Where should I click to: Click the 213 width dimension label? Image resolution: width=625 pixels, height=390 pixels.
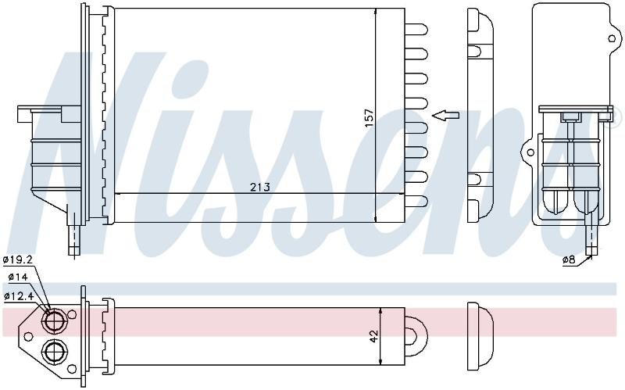click(x=260, y=187)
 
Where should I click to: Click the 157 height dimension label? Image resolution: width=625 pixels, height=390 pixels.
click(x=369, y=118)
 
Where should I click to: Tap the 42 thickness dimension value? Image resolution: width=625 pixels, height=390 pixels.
click(x=374, y=336)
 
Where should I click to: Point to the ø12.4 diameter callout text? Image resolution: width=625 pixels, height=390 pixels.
click(x=18, y=295)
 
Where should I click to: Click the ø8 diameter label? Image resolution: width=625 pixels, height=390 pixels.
click(x=569, y=259)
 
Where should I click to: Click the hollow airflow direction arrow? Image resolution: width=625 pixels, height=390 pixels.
click(x=445, y=116)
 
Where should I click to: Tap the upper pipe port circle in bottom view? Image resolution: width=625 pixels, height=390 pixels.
click(x=52, y=320)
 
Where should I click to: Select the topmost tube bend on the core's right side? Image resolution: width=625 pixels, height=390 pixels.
click(x=416, y=29)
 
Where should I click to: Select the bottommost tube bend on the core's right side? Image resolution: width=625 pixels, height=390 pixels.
click(x=416, y=202)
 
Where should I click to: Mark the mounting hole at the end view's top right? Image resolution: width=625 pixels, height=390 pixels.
click(x=612, y=38)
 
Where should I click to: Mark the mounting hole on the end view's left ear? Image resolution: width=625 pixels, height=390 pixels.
click(x=530, y=152)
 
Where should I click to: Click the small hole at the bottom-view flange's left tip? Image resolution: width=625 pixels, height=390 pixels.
click(x=28, y=336)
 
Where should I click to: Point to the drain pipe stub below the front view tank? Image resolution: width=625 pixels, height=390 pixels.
click(x=74, y=239)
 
